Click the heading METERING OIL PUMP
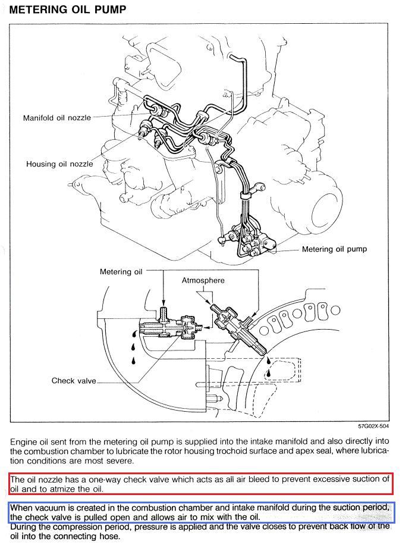click(68, 10)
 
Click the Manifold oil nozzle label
click(57, 118)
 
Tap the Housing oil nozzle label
click(59, 164)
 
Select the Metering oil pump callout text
click(334, 249)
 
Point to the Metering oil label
click(121, 272)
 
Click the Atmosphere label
click(203, 280)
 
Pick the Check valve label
click(74, 381)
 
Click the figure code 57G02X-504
click(373, 426)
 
